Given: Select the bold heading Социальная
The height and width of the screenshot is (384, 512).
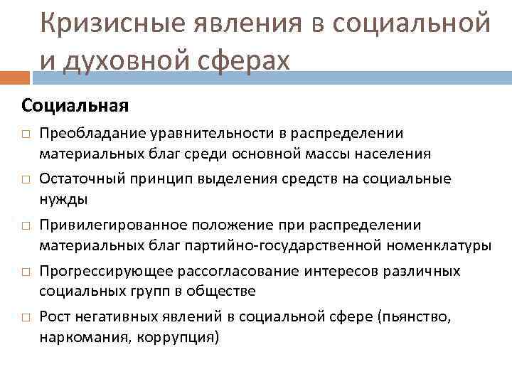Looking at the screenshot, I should coord(75,106).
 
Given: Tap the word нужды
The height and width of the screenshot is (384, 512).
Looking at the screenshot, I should coord(60,197).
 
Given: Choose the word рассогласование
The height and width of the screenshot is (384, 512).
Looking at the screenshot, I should coord(218,272).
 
